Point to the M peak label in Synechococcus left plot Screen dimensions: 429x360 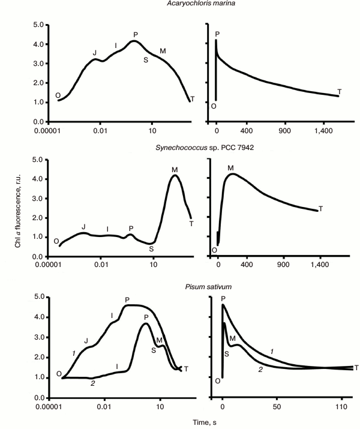point(175,170)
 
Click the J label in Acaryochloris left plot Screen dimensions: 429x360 point(94,53)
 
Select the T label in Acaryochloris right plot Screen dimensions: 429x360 point(340,92)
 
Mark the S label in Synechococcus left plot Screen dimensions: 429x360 point(151,248)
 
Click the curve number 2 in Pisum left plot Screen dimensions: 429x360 point(91,382)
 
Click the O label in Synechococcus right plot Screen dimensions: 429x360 point(214,250)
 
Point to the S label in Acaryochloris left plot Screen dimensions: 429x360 point(145,60)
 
